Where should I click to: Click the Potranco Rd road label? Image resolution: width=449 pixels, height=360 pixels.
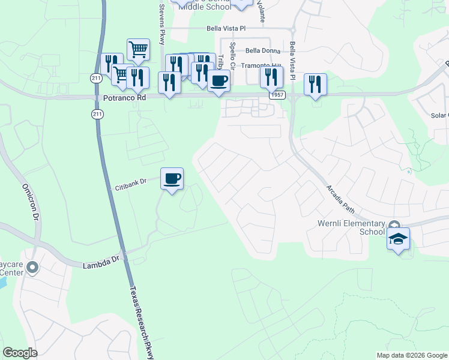point(124,97)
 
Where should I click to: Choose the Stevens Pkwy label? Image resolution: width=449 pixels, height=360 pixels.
point(161,25)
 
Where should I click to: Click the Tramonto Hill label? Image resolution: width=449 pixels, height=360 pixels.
point(261,65)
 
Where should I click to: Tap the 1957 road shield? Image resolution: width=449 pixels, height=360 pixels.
point(277,95)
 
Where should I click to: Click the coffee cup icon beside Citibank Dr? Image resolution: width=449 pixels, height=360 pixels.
point(172,178)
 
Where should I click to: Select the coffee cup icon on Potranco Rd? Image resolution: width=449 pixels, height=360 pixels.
point(218,80)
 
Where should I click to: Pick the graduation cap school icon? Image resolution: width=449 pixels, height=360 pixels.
point(398,238)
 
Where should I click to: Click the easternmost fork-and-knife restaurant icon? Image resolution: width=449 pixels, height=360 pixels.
point(315,84)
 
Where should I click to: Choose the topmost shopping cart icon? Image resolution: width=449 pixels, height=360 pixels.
point(138,50)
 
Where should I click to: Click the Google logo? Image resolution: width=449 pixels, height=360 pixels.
point(20,353)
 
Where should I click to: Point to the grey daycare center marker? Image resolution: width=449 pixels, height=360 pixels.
point(32,267)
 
